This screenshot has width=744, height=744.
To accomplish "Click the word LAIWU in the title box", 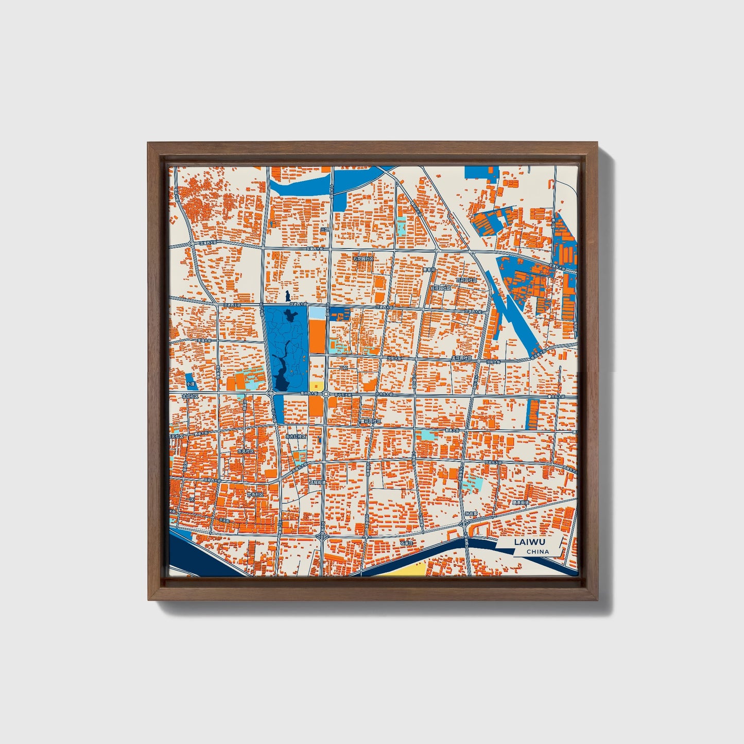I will click(530, 542).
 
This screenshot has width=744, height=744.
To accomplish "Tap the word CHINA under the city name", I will click(538, 552).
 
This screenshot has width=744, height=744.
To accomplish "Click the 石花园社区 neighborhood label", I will click(363, 258).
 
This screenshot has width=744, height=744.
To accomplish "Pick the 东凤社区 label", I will click(246, 452).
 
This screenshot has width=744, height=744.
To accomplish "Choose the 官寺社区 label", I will click(255, 494).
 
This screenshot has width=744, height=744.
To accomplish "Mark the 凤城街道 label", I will click(317, 482).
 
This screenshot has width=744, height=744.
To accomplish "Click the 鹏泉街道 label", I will click(520, 502).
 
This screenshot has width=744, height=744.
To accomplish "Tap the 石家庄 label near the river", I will click(407, 543).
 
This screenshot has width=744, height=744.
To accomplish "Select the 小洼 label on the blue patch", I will click(191, 384).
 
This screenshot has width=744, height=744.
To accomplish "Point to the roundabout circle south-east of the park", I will click(326, 394).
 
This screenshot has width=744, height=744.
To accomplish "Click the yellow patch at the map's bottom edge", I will click(406, 569).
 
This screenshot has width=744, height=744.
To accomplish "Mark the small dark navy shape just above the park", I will click(287, 296).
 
